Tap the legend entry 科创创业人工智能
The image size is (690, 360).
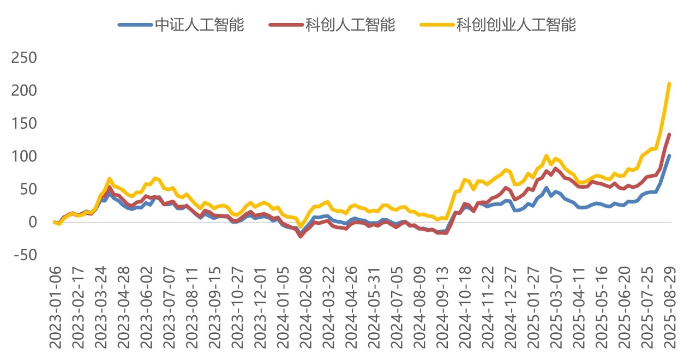[516, 25]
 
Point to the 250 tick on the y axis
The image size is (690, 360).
[24, 57]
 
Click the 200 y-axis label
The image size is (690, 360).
[24, 90]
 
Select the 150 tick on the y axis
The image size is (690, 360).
[24, 123]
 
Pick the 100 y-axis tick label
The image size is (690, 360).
[24, 156]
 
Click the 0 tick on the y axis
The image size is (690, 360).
[32, 222]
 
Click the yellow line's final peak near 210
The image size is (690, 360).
[669, 84]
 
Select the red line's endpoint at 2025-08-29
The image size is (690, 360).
[669, 135]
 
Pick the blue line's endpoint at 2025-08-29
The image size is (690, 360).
[669, 156]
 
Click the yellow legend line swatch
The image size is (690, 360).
[436, 25]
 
